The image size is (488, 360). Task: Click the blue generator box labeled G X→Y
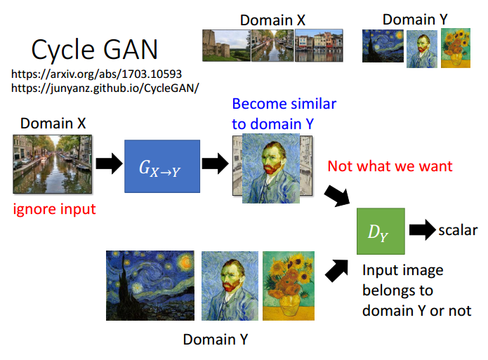162,166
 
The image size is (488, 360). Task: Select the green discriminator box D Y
381,231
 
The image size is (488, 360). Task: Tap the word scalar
458,230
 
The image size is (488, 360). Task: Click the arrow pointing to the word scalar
422,230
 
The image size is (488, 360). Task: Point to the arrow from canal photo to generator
109,164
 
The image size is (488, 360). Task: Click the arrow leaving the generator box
216,164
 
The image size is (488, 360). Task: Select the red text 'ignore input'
55,209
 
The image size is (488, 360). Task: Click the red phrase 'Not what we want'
390,166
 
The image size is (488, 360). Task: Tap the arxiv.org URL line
96,74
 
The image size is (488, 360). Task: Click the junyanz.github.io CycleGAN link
105,88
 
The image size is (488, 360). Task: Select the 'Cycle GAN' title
95,49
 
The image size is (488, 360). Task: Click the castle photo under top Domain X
226,46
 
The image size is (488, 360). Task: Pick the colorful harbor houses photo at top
319,46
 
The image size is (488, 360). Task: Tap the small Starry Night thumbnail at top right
383,46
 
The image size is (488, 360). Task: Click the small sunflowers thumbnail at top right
456,48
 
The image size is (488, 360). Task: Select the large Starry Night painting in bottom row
150,286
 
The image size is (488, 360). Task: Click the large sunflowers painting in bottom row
289,286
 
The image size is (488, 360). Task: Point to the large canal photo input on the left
52,164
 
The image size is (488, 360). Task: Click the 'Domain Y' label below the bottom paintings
216,340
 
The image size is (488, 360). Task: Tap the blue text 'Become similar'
284,104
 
